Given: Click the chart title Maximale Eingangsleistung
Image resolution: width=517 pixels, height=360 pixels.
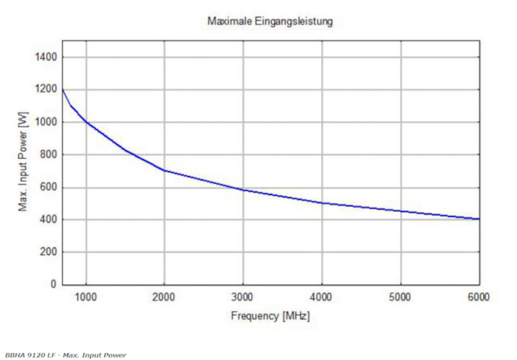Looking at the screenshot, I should point(270,21).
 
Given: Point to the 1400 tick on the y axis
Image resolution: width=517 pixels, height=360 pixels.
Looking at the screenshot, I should point(44,57).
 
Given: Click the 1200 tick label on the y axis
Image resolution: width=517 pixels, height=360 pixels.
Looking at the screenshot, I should point(44,90).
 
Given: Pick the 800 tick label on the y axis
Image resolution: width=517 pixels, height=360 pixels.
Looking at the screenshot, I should point(47,155).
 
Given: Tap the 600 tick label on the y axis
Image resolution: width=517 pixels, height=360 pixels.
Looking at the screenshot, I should point(47,187).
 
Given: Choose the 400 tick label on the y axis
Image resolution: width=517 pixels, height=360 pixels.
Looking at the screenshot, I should point(47,220).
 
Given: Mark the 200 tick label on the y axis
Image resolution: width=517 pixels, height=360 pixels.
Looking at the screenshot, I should point(47,252).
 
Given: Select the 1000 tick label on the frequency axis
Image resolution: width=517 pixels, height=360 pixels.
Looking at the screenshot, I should point(86,297).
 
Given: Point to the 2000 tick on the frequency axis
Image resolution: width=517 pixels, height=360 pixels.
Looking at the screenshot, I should point(164,297).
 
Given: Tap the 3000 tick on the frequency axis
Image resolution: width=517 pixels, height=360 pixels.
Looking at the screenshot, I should point(244,297).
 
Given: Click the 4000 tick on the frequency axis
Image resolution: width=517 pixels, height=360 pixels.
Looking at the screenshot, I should point(322,297).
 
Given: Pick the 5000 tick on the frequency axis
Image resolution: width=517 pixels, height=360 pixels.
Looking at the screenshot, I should point(400,297).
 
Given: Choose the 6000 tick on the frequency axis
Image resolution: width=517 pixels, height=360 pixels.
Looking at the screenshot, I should point(479,297).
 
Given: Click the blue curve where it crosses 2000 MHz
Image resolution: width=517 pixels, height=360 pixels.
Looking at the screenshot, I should point(164,171).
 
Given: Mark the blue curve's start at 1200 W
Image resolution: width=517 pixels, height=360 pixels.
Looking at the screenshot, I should point(63,90).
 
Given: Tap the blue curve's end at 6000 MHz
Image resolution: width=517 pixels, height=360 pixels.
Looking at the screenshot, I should point(478,219).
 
